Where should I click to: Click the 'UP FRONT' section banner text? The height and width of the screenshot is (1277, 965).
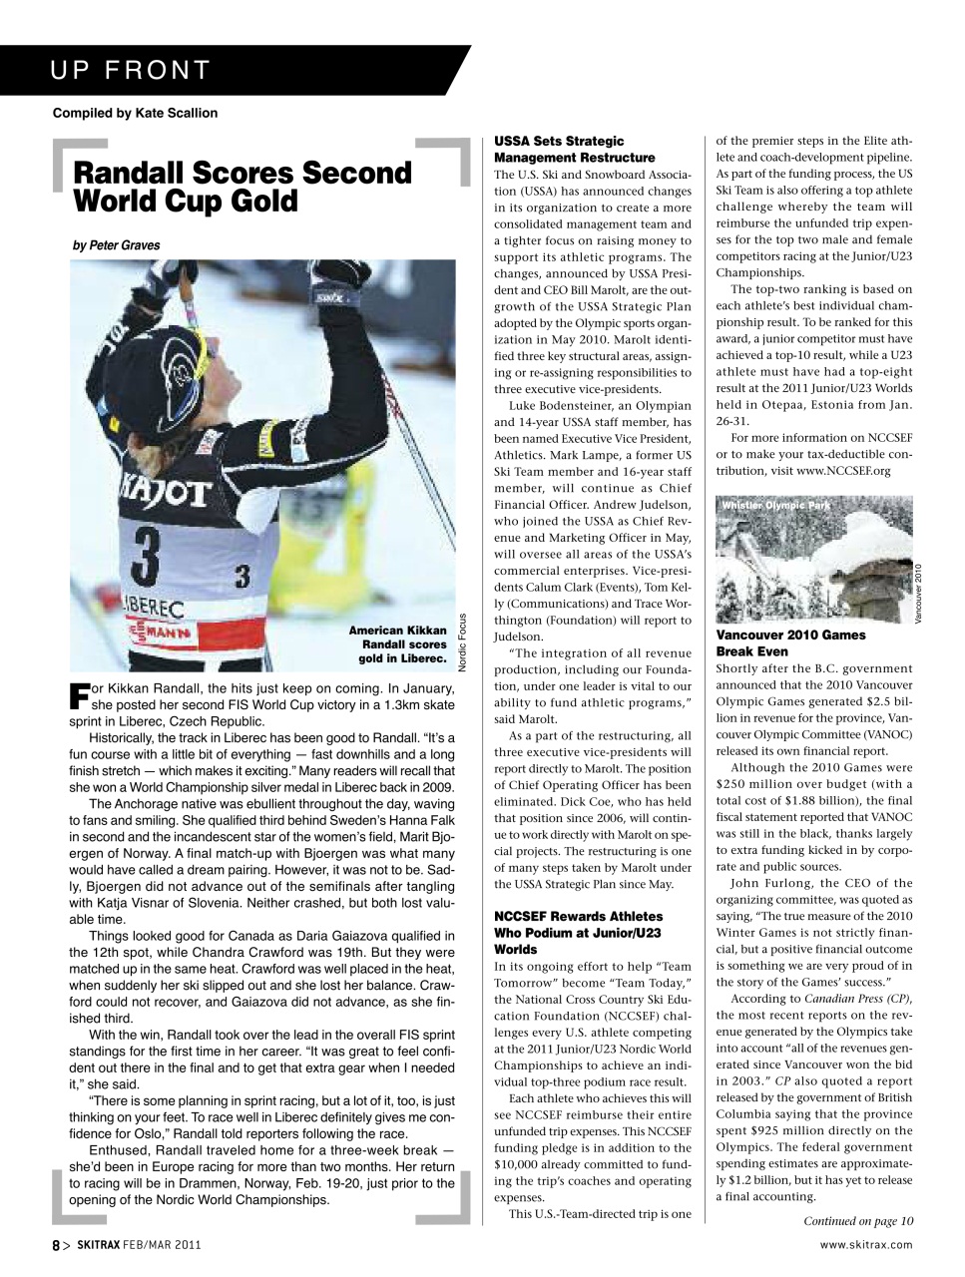131,70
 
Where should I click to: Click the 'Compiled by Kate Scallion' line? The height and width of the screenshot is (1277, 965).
135,113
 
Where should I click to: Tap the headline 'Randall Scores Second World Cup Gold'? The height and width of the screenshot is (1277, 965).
242,187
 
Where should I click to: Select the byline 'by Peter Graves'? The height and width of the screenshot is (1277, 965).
116,245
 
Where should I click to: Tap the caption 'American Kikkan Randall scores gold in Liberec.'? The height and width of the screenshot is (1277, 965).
397,644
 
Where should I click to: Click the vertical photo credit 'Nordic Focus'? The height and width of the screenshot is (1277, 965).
463,639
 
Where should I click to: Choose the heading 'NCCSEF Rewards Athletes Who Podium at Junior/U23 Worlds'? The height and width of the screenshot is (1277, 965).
578,932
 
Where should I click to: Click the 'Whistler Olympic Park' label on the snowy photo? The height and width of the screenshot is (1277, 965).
775,505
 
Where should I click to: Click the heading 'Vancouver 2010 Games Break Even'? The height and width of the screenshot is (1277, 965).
790,642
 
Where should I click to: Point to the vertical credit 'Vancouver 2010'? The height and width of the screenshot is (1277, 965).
919,593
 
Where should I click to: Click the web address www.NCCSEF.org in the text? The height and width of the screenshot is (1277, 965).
843,470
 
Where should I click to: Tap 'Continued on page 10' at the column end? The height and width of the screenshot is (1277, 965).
857,1220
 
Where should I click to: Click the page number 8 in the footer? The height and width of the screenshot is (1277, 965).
56,1245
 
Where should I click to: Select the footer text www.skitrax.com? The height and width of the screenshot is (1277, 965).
865,1244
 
